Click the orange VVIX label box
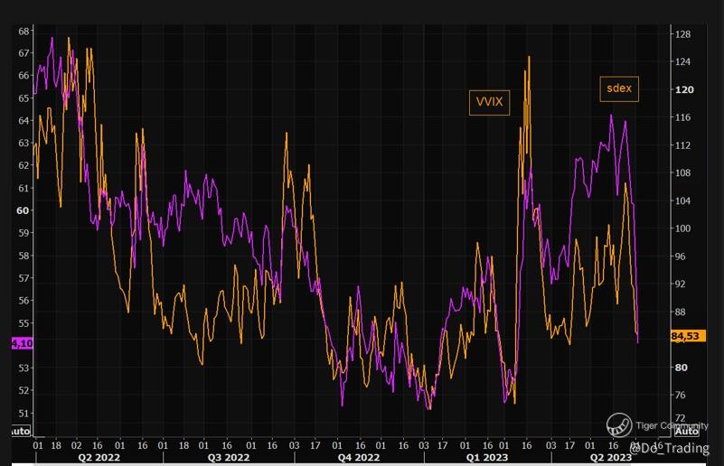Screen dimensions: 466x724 click(x=489, y=103)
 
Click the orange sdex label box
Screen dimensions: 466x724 click(x=619, y=89)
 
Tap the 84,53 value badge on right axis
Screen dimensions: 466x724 click(x=687, y=337)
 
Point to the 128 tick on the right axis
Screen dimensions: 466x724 click(x=682, y=34)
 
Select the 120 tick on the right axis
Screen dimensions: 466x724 click(x=682, y=89)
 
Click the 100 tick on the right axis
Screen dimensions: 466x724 click(x=682, y=228)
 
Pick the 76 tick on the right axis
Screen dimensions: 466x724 click(x=681, y=396)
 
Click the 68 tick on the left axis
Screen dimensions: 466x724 click(x=24, y=31)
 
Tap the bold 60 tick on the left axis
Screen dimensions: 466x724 click(x=23, y=210)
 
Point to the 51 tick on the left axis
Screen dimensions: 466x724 click(x=24, y=413)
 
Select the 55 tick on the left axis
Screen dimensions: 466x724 click(x=24, y=323)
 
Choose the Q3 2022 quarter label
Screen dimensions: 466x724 click(x=229, y=457)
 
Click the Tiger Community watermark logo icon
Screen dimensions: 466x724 click(x=619, y=424)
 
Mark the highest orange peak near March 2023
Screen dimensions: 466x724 click(x=529, y=57)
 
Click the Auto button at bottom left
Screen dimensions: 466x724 click(x=20, y=431)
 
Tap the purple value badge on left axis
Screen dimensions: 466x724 click(x=21, y=343)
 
